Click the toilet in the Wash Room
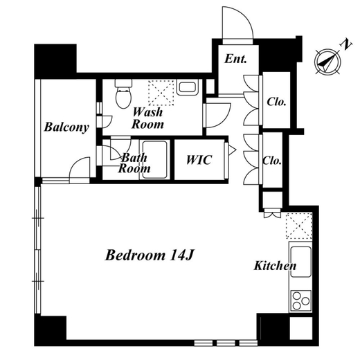[123, 94]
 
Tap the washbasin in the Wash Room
[188, 87]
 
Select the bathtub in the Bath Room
[154, 159]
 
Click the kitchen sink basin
[300, 262]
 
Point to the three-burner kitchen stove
[300, 300]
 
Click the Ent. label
[235, 59]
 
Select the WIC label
[199, 160]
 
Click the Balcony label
[66, 127]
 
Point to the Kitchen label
[275, 266]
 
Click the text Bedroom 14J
[149, 255]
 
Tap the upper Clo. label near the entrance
[276, 102]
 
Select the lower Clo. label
[272, 161]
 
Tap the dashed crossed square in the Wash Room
[161, 93]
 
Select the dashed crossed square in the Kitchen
[299, 226]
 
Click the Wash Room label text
[147, 118]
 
